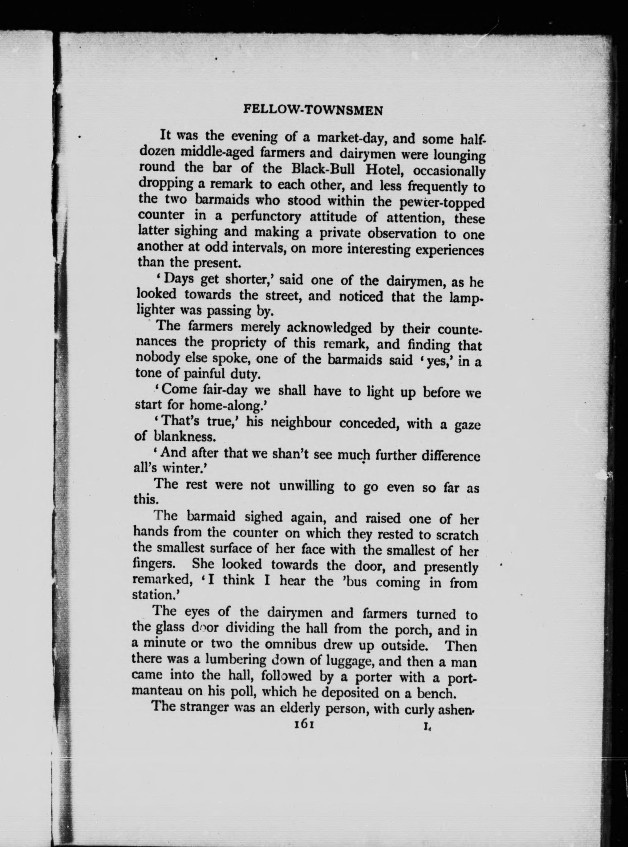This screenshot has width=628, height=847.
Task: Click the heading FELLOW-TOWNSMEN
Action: point(313,110)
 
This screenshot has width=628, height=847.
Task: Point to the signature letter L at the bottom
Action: point(427,727)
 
